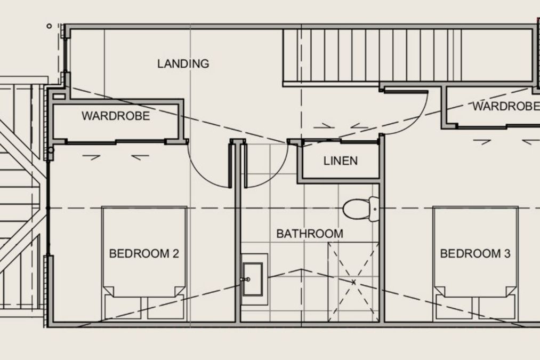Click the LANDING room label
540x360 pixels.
tap(183, 63)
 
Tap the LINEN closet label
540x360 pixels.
tap(341, 161)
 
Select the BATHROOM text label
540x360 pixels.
tap(310, 234)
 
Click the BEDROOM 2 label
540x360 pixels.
tap(144, 254)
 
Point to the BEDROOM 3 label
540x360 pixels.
tap(475, 254)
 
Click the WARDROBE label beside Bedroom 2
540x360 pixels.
tap(116, 116)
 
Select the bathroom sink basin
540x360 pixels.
tap(253, 279)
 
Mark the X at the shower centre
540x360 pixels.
tap(353, 282)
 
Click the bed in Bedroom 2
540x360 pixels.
tap(144, 263)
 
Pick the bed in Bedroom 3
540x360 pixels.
tap(475, 263)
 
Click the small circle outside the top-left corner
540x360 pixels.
tap(49, 26)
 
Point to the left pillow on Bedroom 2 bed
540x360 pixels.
tap(123, 308)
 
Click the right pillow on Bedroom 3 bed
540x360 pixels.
tap(497, 307)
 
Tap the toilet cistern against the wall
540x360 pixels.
tap(374, 209)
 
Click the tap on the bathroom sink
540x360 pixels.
tap(246, 279)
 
